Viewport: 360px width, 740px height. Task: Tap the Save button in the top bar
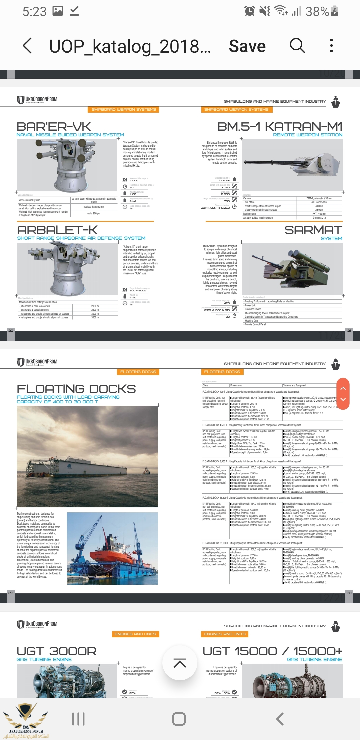(x=247, y=46)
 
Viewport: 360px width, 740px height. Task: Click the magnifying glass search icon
(x=297, y=45)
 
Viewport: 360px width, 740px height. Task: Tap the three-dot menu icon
(x=331, y=45)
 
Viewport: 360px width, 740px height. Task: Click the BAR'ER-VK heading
(x=54, y=127)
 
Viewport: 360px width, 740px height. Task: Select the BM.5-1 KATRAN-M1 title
(x=280, y=127)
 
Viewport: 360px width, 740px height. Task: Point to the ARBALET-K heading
(x=57, y=230)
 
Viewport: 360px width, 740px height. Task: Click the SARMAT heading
(x=313, y=230)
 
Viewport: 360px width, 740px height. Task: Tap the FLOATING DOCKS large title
(x=76, y=389)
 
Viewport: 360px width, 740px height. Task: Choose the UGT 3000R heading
(x=56, y=651)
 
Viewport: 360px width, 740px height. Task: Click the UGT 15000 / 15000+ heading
(x=272, y=651)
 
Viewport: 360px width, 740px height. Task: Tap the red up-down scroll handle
(x=343, y=394)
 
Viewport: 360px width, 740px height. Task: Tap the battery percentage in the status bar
(x=317, y=12)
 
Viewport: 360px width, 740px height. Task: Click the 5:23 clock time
(x=34, y=12)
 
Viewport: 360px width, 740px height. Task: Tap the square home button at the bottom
(x=179, y=719)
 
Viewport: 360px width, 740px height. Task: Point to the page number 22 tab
(x=11, y=593)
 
